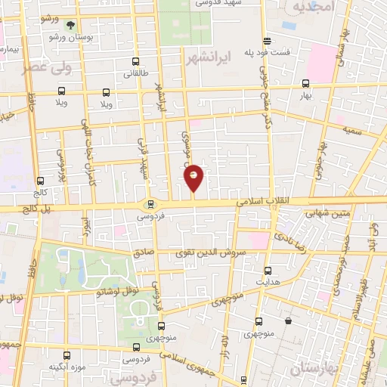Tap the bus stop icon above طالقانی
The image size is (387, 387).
pyautogui.click(x=135, y=62)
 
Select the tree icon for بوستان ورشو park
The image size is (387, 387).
pyautogui.click(x=71, y=25)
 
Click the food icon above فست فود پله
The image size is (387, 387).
pyautogui.click(x=266, y=42)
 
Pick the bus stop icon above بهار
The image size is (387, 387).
pyautogui.click(x=305, y=84)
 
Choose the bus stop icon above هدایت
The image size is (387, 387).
pyautogui.click(x=268, y=270)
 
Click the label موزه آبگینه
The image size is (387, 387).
pyautogui.click(x=66, y=367)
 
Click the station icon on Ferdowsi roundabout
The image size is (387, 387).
pyautogui.click(x=150, y=203)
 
